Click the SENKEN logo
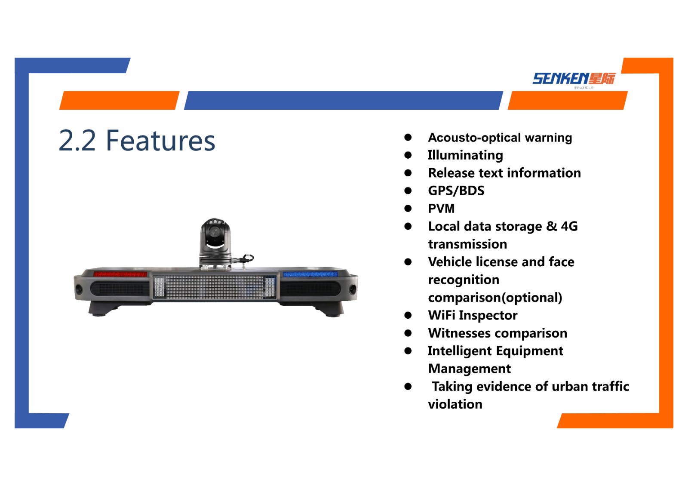point(574,79)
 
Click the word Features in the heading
point(160,141)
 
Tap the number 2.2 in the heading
point(77,141)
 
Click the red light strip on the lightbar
point(120,274)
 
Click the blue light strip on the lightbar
point(310,274)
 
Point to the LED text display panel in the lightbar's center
point(215,287)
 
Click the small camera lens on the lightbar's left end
point(79,289)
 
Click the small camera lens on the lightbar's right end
point(352,289)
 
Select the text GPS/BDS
point(456,191)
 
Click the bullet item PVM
point(441,209)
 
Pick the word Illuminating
point(465,155)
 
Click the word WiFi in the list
point(442,315)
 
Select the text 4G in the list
point(569,226)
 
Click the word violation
point(455,404)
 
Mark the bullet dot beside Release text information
point(408,173)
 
